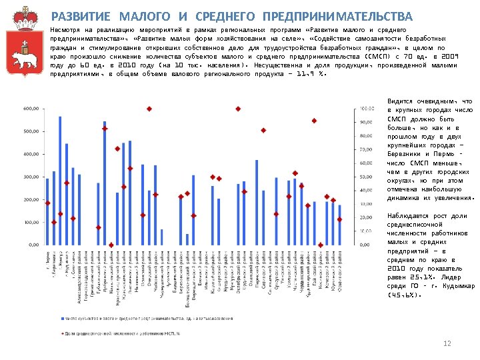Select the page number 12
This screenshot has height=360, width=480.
pos(447,343)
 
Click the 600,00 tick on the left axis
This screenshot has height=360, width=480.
pos(30,109)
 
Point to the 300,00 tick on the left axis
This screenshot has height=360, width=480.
pos(30,177)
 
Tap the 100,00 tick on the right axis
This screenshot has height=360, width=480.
pos(367,109)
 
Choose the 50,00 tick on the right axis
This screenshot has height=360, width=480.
pos(367,177)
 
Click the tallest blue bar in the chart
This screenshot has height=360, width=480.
pos(60,181)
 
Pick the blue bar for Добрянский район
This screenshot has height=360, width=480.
pos(105,183)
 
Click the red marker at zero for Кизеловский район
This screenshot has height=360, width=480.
pos(111,245)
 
